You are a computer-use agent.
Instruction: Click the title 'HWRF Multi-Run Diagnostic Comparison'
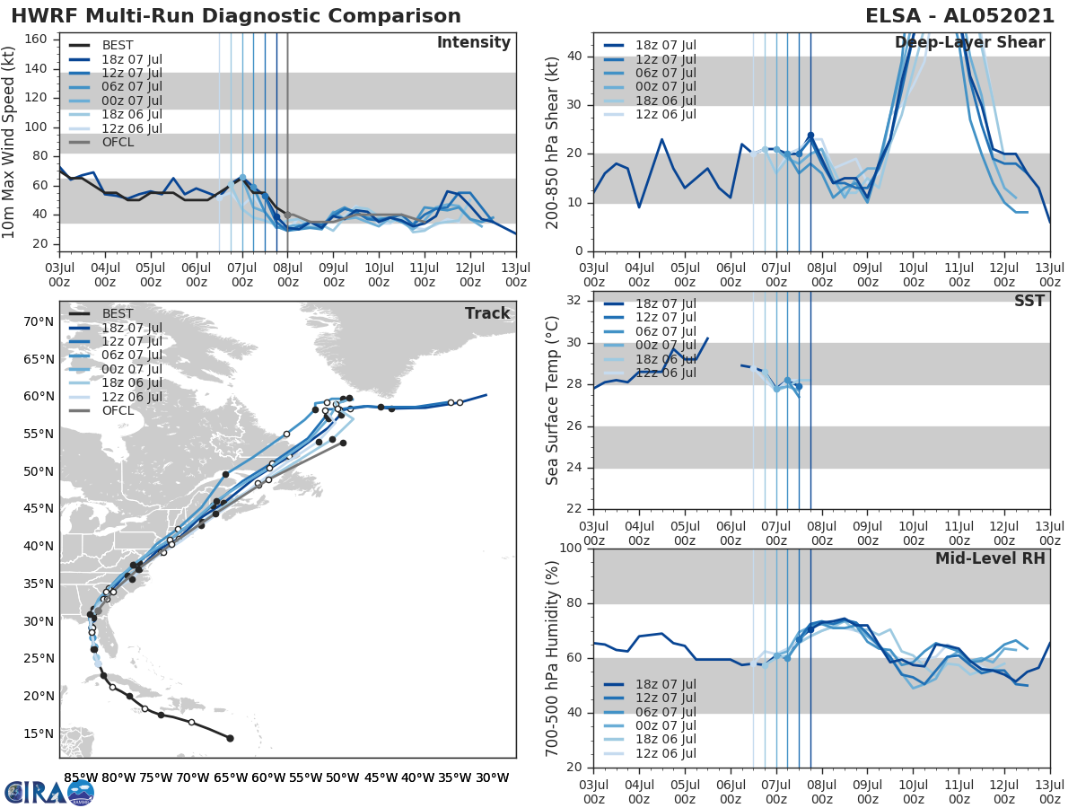[236, 16]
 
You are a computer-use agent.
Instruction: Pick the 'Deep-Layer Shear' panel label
[969, 43]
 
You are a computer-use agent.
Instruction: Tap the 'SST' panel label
[1029, 301]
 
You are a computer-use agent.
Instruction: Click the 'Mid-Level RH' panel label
[990, 558]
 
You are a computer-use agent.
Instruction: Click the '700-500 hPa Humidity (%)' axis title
[554, 658]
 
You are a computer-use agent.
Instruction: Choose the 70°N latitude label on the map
[40, 321]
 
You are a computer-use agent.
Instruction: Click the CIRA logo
[49, 792]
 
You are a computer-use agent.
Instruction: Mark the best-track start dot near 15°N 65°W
[230, 738]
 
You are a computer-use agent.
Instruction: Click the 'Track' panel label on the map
[487, 313]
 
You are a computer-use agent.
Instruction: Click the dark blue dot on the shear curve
[810, 136]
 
